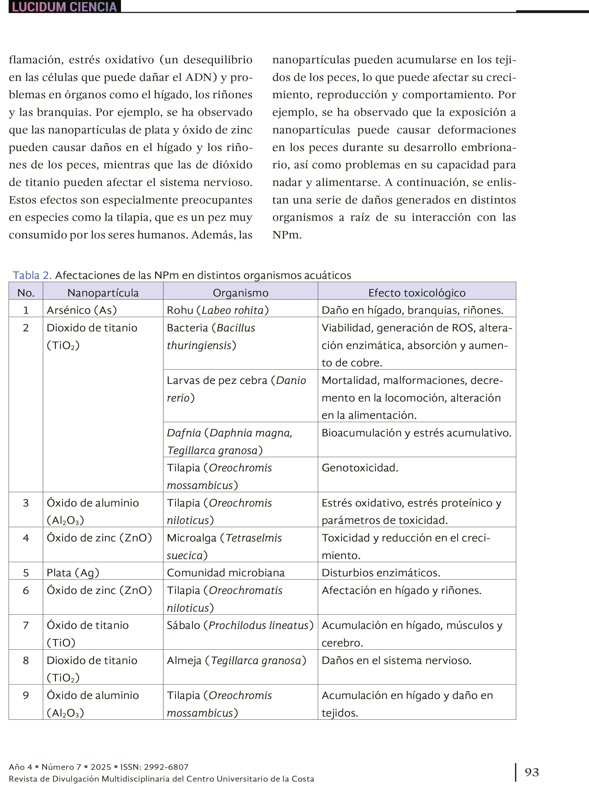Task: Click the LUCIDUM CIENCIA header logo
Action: [x=64, y=7]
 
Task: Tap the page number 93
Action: [x=532, y=772]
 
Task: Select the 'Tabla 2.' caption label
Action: [x=32, y=275]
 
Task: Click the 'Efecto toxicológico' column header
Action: [x=417, y=293]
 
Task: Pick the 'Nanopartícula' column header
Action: [x=103, y=293]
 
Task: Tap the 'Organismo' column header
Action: [x=241, y=293]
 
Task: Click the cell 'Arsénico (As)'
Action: [x=82, y=310]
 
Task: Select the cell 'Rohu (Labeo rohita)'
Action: [x=218, y=310]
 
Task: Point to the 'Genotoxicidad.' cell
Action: [x=360, y=468]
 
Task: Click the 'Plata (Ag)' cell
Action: [x=73, y=573]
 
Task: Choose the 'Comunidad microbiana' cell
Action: [x=226, y=573]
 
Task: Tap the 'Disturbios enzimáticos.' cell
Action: [x=381, y=573]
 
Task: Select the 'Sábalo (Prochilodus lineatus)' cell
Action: [x=240, y=625]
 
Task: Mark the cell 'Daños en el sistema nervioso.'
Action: [x=396, y=661]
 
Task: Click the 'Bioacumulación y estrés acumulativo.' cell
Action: [x=416, y=433]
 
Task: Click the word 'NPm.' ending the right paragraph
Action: [x=287, y=235]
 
